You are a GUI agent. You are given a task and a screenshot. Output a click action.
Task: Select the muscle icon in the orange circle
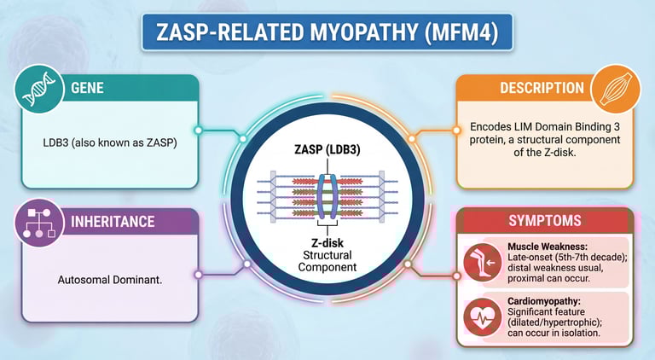[x=616, y=90]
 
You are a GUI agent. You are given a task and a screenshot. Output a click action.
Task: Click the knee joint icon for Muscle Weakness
[x=479, y=262]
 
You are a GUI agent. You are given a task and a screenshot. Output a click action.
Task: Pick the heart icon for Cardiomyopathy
[x=479, y=317]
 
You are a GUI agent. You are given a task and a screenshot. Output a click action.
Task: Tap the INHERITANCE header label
[x=113, y=222]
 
